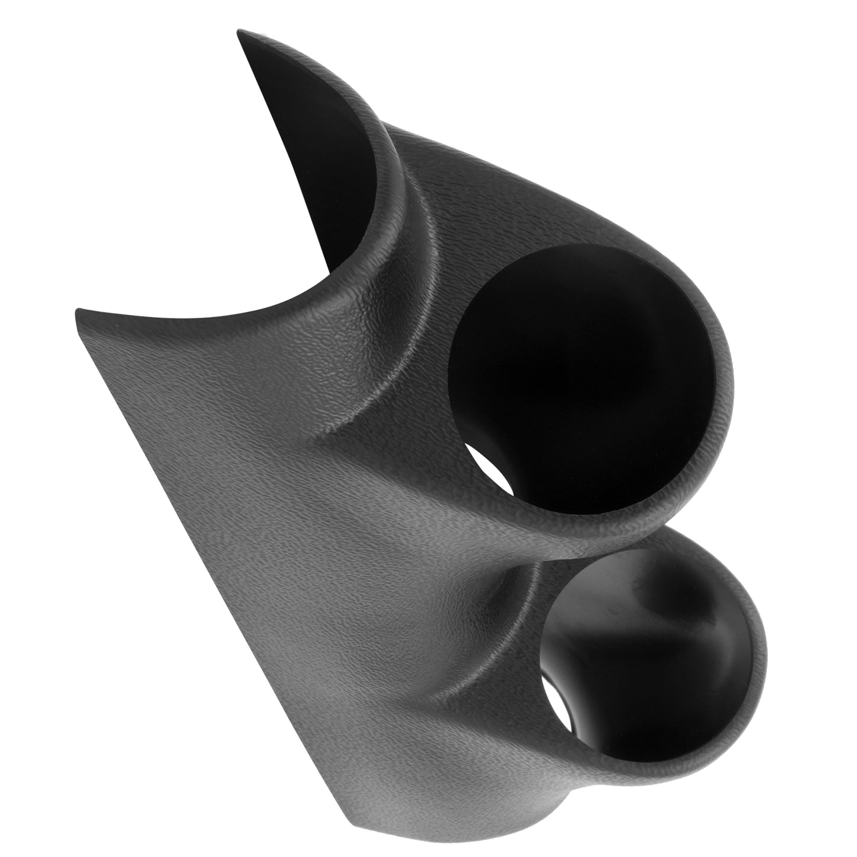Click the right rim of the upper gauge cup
(727, 386)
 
